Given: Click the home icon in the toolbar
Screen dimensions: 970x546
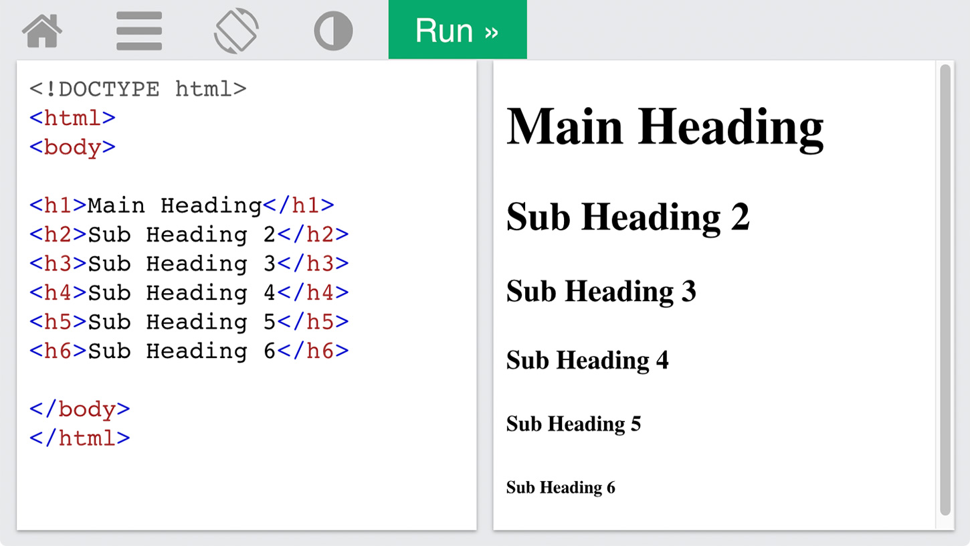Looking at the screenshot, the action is tap(42, 30).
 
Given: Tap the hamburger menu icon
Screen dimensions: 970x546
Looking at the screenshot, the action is tap(139, 31).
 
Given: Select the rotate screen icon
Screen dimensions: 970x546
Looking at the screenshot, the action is tap(236, 31).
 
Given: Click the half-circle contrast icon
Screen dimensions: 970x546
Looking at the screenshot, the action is tap(333, 31).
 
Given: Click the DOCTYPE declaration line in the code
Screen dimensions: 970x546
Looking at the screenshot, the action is tap(138, 90).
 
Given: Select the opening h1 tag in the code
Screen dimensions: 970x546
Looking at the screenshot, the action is tap(58, 205).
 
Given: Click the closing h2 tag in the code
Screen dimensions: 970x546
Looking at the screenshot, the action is tap(312, 234).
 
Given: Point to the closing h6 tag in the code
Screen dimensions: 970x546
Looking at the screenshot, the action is tap(312, 351).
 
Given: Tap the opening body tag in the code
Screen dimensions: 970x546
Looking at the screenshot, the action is tap(72, 148).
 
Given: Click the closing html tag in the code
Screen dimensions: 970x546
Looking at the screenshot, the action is tap(80, 438).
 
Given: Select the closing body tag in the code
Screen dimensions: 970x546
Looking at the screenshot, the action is tap(80, 409).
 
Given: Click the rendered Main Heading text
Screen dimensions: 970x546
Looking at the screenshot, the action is tap(665, 128).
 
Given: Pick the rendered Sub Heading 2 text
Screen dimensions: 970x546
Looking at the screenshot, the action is tap(628, 217).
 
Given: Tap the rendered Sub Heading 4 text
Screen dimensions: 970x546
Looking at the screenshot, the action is tap(587, 361).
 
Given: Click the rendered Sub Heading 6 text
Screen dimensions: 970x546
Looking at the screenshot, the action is tap(561, 488).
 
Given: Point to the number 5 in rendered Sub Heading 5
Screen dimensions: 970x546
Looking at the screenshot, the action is tap(636, 424).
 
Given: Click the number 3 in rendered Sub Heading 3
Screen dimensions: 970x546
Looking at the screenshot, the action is tap(688, 291).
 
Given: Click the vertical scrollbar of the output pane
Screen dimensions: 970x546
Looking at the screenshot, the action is tap(945, 290).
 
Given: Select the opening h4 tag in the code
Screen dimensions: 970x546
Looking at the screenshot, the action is tap(58, 292).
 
